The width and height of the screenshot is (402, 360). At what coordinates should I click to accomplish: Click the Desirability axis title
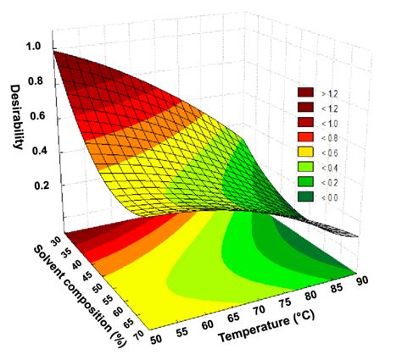tap(17, 115)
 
